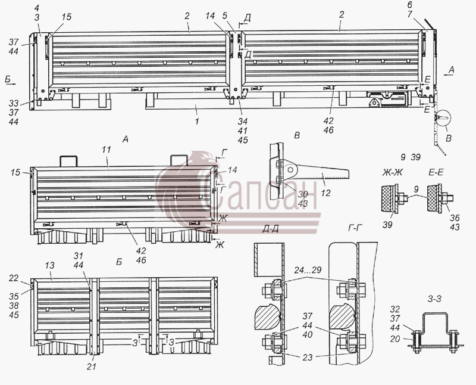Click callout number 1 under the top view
[x=197, y=121]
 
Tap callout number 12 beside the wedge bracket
[x=325, y=193]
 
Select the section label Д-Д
[x=271, y=229]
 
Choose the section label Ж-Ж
[x=392, y=172]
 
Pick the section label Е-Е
[x=436, y=172]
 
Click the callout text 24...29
[x=308, y=270]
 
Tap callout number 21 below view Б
[x=92, y=367]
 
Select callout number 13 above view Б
[x=49, y=265]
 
